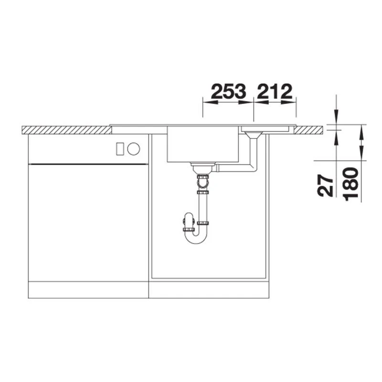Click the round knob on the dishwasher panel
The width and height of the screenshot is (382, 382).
(x=134, y=149)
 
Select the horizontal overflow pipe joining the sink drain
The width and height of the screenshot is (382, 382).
(x=234, y=169)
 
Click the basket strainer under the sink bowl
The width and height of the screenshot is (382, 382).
(x=202, y=167)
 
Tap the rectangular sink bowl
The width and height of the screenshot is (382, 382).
(x=202, y=144)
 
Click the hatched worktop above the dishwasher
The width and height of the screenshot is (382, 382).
(x=67, y=130)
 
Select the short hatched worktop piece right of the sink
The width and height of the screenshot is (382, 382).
(x=311, y=129)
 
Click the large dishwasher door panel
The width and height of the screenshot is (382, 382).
(x=88, y=222)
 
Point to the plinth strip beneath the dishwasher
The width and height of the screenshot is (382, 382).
(x=88, y=289)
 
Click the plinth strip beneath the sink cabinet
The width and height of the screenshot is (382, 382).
(x=209, y=289)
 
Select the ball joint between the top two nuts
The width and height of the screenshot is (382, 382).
(x=203, y=183)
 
